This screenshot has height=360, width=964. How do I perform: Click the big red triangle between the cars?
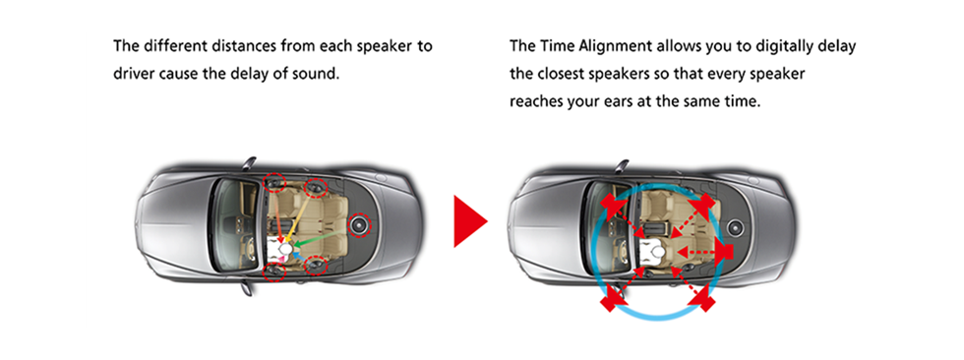tap(467, 221)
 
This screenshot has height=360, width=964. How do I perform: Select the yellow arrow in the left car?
tap(298, 214)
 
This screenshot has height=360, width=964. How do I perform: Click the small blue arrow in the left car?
tap(299, 255)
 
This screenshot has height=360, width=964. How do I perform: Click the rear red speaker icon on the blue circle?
tap(727, 251)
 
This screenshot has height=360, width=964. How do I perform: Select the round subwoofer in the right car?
tap(734, 229)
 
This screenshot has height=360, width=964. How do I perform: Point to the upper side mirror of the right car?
tap(622, 165)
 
